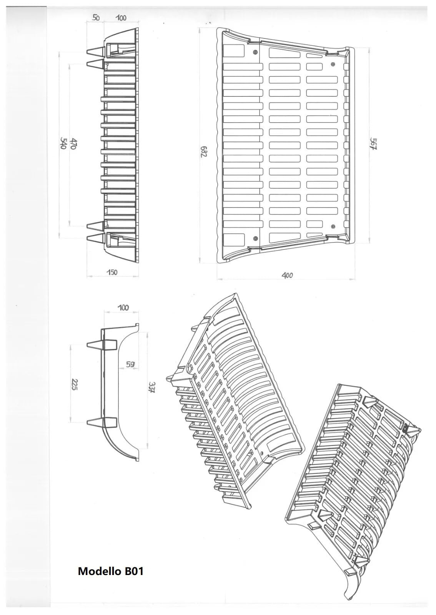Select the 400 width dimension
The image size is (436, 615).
pos(287,275)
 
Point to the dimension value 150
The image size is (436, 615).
pos(112,272)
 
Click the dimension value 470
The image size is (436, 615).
pos(73,143)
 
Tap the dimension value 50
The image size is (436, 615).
pos(96,18)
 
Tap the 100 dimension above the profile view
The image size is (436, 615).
pos(123,307)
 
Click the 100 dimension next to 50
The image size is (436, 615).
pos(121,18)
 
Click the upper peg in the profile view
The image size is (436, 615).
pos(102,345)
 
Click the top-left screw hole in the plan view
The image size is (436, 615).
pos(256,52)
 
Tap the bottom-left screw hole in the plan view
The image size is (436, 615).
pos(256,238)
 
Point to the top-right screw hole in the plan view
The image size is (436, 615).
pos(333,64)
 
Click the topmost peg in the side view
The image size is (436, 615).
pos(97,52)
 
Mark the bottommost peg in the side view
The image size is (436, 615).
pos(97,238)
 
